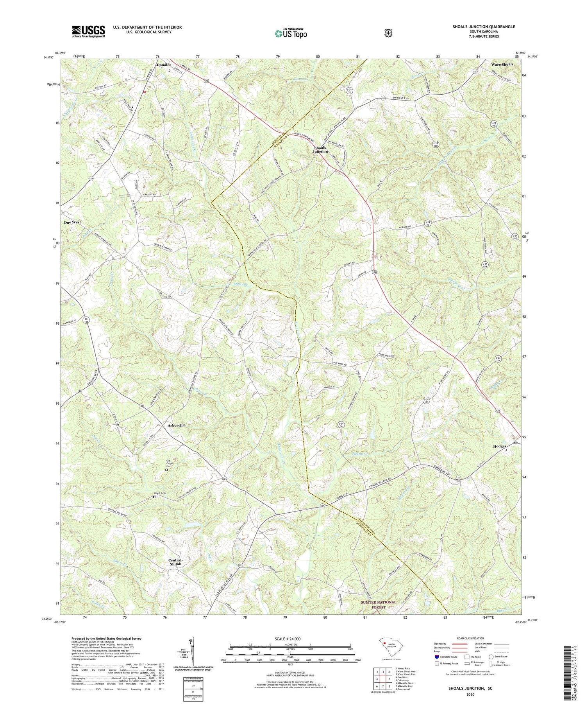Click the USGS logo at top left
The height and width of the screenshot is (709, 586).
pyautogui.click(x=88, y=31)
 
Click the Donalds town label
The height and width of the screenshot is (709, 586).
pyautogui.click(x=164, y=65)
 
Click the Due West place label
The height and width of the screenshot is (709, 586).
pyautogui.click(x=73, y=222)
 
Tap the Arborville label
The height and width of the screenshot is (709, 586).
pyautogui.click(x=177, y=425)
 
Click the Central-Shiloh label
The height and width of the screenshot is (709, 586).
pyautogui.click(x=175, y=562)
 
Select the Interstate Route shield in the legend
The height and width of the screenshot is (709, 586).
pyautogui.click(x=436, y=657)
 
